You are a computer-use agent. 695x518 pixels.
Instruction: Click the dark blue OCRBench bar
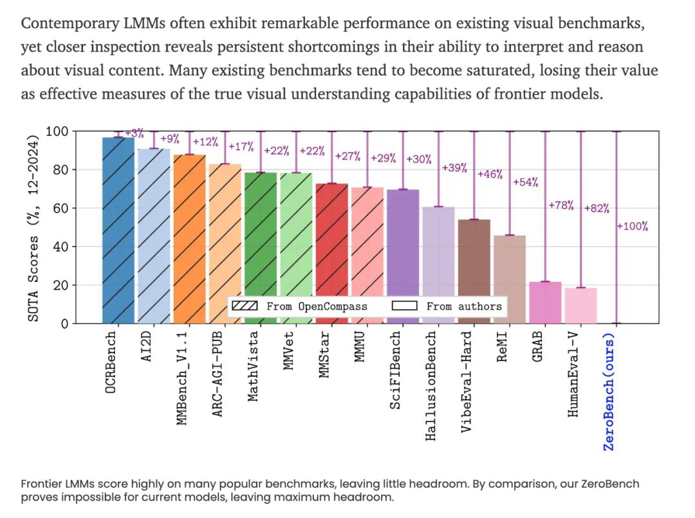pyautogui.click(x=119, y=232)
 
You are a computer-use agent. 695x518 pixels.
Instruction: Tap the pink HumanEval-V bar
pyautogui.click(x=581, y=306)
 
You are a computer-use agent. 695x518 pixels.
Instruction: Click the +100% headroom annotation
pyautogui.click(x=633, y=227)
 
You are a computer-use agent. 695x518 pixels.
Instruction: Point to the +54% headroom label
pyautogui.click(x=526, y=182)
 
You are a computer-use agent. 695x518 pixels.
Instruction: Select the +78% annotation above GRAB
pyautogui.click(x=561, y=205)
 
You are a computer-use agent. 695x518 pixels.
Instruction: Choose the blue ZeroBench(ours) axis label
pyautogui.click(x=609, y=391)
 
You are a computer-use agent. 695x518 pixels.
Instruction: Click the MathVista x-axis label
pyautogui.click(x=254, y=365)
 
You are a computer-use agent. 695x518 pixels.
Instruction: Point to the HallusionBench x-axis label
pyautogui.click(x=431, y=386)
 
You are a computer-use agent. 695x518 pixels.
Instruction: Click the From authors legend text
pyautogui.click(x=464, y=306)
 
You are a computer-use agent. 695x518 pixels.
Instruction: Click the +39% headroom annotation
pyautogui.click(x=455, y=168)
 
